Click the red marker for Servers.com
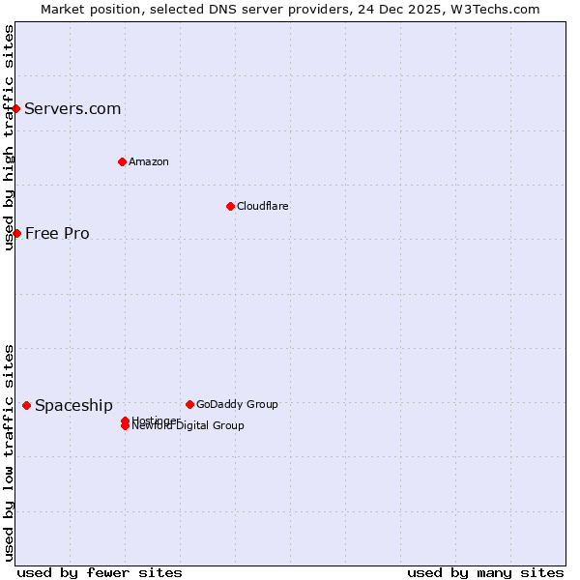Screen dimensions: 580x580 pos(16,108)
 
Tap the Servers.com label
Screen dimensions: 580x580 pos(72,108)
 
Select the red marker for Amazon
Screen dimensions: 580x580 pos(122,161)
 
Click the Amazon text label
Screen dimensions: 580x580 pos(148,161)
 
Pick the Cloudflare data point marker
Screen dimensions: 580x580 pos(230,206)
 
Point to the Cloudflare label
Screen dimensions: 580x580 pos(262,206)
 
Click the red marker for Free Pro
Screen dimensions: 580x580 pos(16,233)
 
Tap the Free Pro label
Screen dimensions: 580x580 pos(57,233)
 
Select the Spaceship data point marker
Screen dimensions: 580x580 pos(26,405)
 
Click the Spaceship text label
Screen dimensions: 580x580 pos(73,405)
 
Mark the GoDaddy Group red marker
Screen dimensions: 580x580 pos(189,404)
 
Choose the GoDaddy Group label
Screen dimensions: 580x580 pos(237,404)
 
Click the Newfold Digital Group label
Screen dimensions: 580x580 pos(189,426)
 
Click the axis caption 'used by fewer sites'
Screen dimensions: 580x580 pos(100,572)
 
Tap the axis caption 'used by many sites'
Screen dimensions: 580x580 pos(485,572)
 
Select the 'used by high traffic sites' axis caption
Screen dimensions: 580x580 pos(9,137)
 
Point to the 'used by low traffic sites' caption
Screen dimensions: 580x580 pos(9,451)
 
